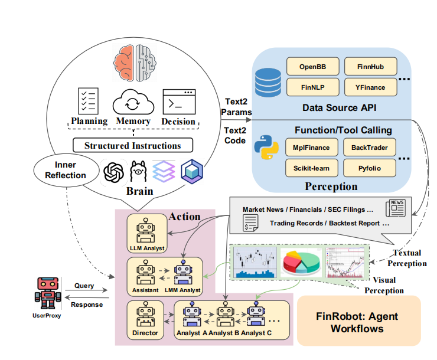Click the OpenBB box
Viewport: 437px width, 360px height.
[x=313, y=67]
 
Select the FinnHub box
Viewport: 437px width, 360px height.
[x=371, y=67]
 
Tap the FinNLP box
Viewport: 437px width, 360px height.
[x=313, y=87]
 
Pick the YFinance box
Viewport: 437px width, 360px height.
[x=371, y=87]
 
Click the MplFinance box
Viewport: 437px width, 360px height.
[x=312, y=148]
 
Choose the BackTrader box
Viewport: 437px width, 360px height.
[x=370, y=148]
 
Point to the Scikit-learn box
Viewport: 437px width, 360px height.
[x=312, y=168]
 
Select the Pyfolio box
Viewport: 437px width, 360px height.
[x=370, y=168]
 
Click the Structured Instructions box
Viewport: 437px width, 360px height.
[x=133, y=145]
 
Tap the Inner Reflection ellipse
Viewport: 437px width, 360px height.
[x=66, y=170]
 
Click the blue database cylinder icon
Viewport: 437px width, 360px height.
[x=268, y=83]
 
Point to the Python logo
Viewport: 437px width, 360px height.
[x=266, y=148]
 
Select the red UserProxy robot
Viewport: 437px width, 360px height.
[x=48, y=293]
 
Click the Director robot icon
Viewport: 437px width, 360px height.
[x=145, y=315]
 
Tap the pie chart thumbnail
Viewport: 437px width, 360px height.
[x=301, y=261]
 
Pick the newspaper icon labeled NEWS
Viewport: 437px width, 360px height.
[x=396, y=208]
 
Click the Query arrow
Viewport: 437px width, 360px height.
[x=86, y=290]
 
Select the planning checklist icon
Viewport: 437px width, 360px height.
[x=88, y=101]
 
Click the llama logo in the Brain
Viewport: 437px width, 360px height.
[x=138, y=171]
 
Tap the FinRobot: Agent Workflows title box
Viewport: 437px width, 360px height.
[x=358, y=320]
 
